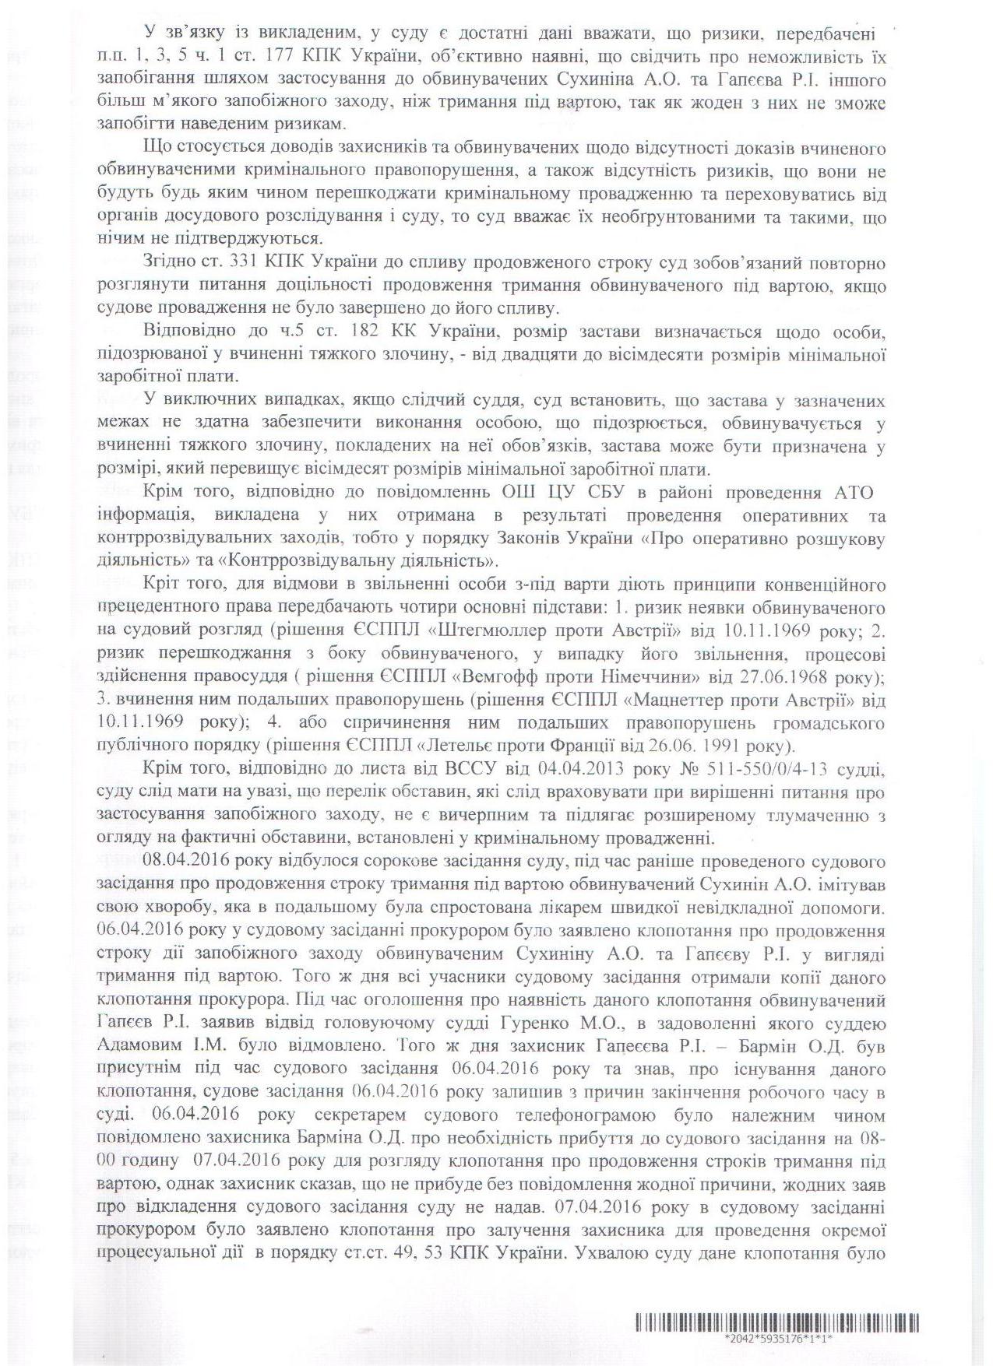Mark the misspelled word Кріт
tap(161, 584)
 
